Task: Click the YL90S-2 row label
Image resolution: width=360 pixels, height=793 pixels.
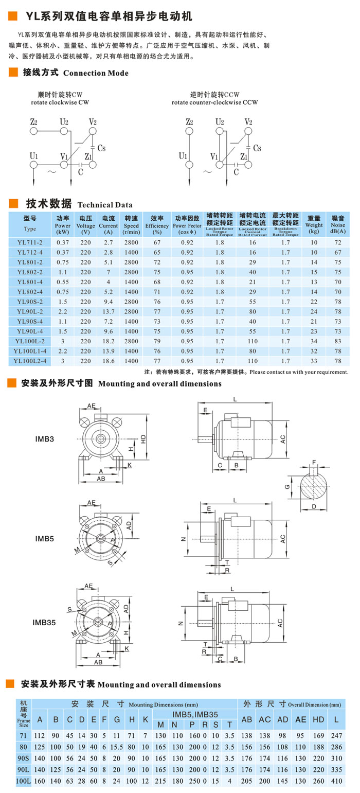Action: click(x=30, y=302)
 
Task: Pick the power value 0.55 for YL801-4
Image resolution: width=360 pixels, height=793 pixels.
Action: click(x=63, y=282)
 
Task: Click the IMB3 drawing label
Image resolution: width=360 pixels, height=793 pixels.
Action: click(x=45, y=439)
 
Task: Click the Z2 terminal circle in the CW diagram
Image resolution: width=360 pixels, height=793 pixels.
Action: click(x=34, y=131)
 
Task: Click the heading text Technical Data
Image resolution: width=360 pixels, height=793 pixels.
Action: click(x=105, y=204)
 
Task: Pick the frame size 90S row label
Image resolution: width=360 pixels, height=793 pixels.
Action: click(x=24, y=757)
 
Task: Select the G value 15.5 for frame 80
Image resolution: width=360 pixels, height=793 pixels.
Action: click(x=118, y=746)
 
